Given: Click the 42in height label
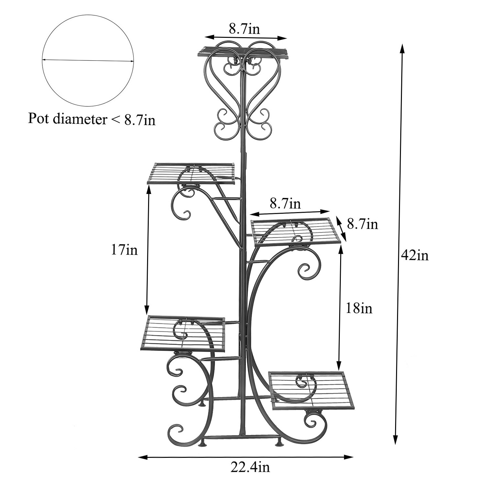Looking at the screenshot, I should pyautogui.click(x=415, y=255).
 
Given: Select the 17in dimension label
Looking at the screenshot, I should pyautogui.click(x=124, y=250).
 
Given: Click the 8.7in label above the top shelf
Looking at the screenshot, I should pyautogui.click(x=244, y=29).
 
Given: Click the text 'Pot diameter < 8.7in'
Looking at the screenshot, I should pyautogui.click(x=92, y=119).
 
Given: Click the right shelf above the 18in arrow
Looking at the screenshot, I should pyautogui.click(x=296, y=231).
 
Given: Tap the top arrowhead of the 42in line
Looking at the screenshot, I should pyautogui.click(x=402, y=47).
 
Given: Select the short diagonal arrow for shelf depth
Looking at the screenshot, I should pyautogui.click(x=341, y=229).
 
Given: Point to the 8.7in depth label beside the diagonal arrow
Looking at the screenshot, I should pyautogui.click(x=362, y=224).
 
